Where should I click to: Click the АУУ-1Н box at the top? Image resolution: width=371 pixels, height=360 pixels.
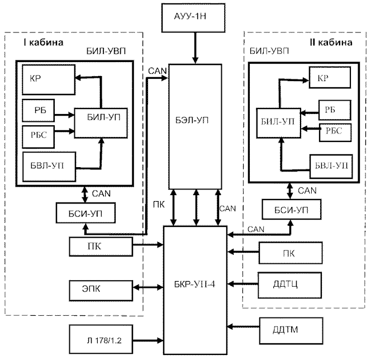point(193,18)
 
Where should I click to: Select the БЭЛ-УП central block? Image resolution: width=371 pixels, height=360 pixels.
point(195,126)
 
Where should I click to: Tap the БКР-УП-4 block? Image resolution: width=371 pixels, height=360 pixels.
point(195,290)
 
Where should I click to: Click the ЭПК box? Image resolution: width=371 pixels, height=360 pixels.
point(101,291)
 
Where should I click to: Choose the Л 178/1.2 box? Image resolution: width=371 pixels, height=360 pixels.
point(101,339)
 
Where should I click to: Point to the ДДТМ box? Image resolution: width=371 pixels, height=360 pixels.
point(291,330)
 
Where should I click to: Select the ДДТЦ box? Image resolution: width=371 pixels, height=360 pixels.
point(290,285)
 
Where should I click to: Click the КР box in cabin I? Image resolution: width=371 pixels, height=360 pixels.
point(49,80)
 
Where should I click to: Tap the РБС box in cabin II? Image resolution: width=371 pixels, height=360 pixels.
point(335,132)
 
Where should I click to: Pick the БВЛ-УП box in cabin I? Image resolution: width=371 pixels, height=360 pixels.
point(49,167)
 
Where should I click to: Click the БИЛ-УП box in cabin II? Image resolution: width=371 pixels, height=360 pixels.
point(279,123)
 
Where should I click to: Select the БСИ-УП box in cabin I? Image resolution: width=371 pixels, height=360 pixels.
point(85,213)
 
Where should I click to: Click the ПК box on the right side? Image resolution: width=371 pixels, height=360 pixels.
point(291,253)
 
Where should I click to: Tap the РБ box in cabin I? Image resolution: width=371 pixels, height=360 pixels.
point(39,111)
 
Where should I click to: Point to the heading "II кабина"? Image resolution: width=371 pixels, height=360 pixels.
point(331,42)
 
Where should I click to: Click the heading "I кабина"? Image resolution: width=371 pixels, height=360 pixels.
point(44,42)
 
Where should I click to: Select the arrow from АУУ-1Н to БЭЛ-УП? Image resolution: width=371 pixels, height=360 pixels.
point(195,48)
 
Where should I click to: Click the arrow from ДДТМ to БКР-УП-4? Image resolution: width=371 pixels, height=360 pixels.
point(244,327)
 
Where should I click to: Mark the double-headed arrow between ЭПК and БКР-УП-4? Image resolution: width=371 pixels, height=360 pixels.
point(148,287)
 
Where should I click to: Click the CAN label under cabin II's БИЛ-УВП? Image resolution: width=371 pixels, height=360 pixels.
point(307,191)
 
